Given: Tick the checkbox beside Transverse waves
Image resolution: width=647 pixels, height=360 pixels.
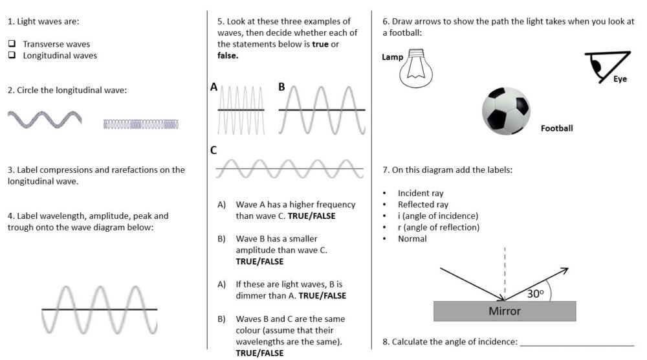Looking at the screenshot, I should (12, 44).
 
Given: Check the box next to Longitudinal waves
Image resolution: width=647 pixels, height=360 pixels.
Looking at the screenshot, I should (12, 56).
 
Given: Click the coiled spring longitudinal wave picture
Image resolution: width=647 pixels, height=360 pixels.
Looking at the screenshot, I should (140, 124).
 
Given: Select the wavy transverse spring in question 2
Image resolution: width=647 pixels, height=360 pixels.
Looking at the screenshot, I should (45, 120).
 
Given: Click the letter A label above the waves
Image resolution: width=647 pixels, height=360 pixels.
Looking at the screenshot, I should (214, 87).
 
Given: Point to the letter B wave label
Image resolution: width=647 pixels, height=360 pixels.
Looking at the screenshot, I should (281, 87).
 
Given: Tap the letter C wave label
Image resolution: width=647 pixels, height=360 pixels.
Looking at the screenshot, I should (214, 150).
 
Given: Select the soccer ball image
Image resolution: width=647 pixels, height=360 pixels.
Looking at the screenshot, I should (506, 111).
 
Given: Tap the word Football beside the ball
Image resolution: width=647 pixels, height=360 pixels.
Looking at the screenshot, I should (556, 128).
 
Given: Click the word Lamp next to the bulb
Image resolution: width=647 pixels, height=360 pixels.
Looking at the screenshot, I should (392, 57).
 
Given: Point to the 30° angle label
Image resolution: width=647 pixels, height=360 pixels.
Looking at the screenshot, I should (535, 293).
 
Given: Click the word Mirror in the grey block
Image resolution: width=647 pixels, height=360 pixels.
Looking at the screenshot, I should (504, 311).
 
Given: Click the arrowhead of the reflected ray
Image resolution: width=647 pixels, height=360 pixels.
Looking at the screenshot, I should (565, 270).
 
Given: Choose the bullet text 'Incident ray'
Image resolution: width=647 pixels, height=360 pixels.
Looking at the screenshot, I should (421, 193).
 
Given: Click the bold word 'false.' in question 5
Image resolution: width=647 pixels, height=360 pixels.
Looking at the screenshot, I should (228, 56).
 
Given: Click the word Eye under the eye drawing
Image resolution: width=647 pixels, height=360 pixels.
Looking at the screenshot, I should (620, 79).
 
